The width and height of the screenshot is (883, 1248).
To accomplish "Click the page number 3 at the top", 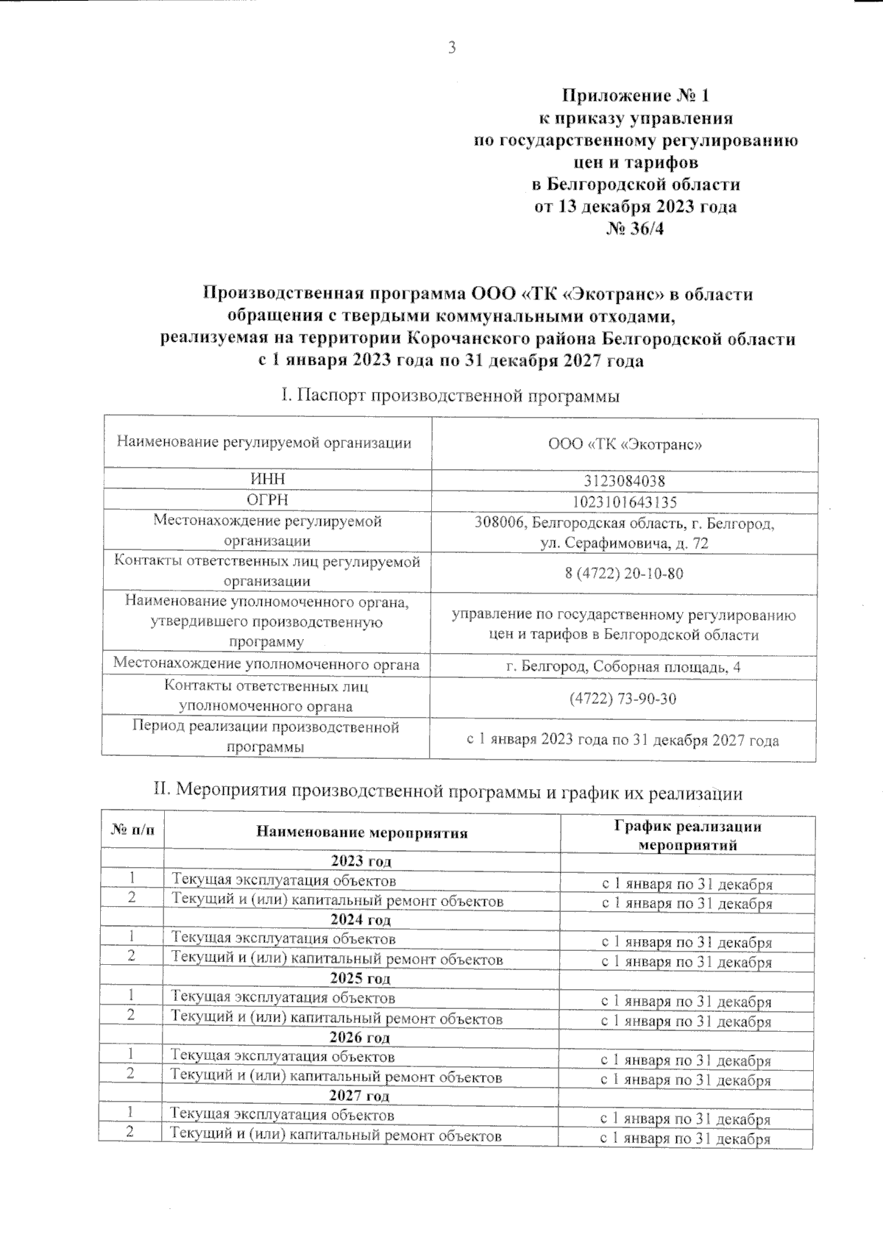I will click(452, 49).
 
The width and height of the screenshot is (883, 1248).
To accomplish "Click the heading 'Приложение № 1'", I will click(635, 96).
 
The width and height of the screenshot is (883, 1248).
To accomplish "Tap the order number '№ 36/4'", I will click(635, 229).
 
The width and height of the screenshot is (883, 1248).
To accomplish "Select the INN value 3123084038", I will click(625, 481).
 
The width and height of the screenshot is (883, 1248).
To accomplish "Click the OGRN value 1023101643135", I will click(625, 502).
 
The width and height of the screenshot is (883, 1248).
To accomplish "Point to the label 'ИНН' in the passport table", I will click(268, 479).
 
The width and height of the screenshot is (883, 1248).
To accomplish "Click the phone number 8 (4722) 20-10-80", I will click(624, 573).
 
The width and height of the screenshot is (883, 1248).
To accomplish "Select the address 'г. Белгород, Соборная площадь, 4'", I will click(624, 666).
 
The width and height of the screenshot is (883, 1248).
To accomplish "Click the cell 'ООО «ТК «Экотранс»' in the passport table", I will click(625, 444).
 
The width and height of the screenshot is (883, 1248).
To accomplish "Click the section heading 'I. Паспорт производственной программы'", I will click(450, 396).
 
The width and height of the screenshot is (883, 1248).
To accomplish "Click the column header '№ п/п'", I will click(133, 831).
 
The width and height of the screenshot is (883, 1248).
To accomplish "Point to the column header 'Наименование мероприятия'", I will click(362, 832).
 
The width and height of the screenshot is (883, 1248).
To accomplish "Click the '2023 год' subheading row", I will click(361, 860).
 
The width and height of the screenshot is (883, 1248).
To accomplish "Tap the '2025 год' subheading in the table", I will click(361, 978).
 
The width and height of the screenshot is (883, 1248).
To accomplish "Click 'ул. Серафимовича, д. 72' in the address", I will click(624, 543).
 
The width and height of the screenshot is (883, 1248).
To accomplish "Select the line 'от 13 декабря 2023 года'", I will click(635, 207).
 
